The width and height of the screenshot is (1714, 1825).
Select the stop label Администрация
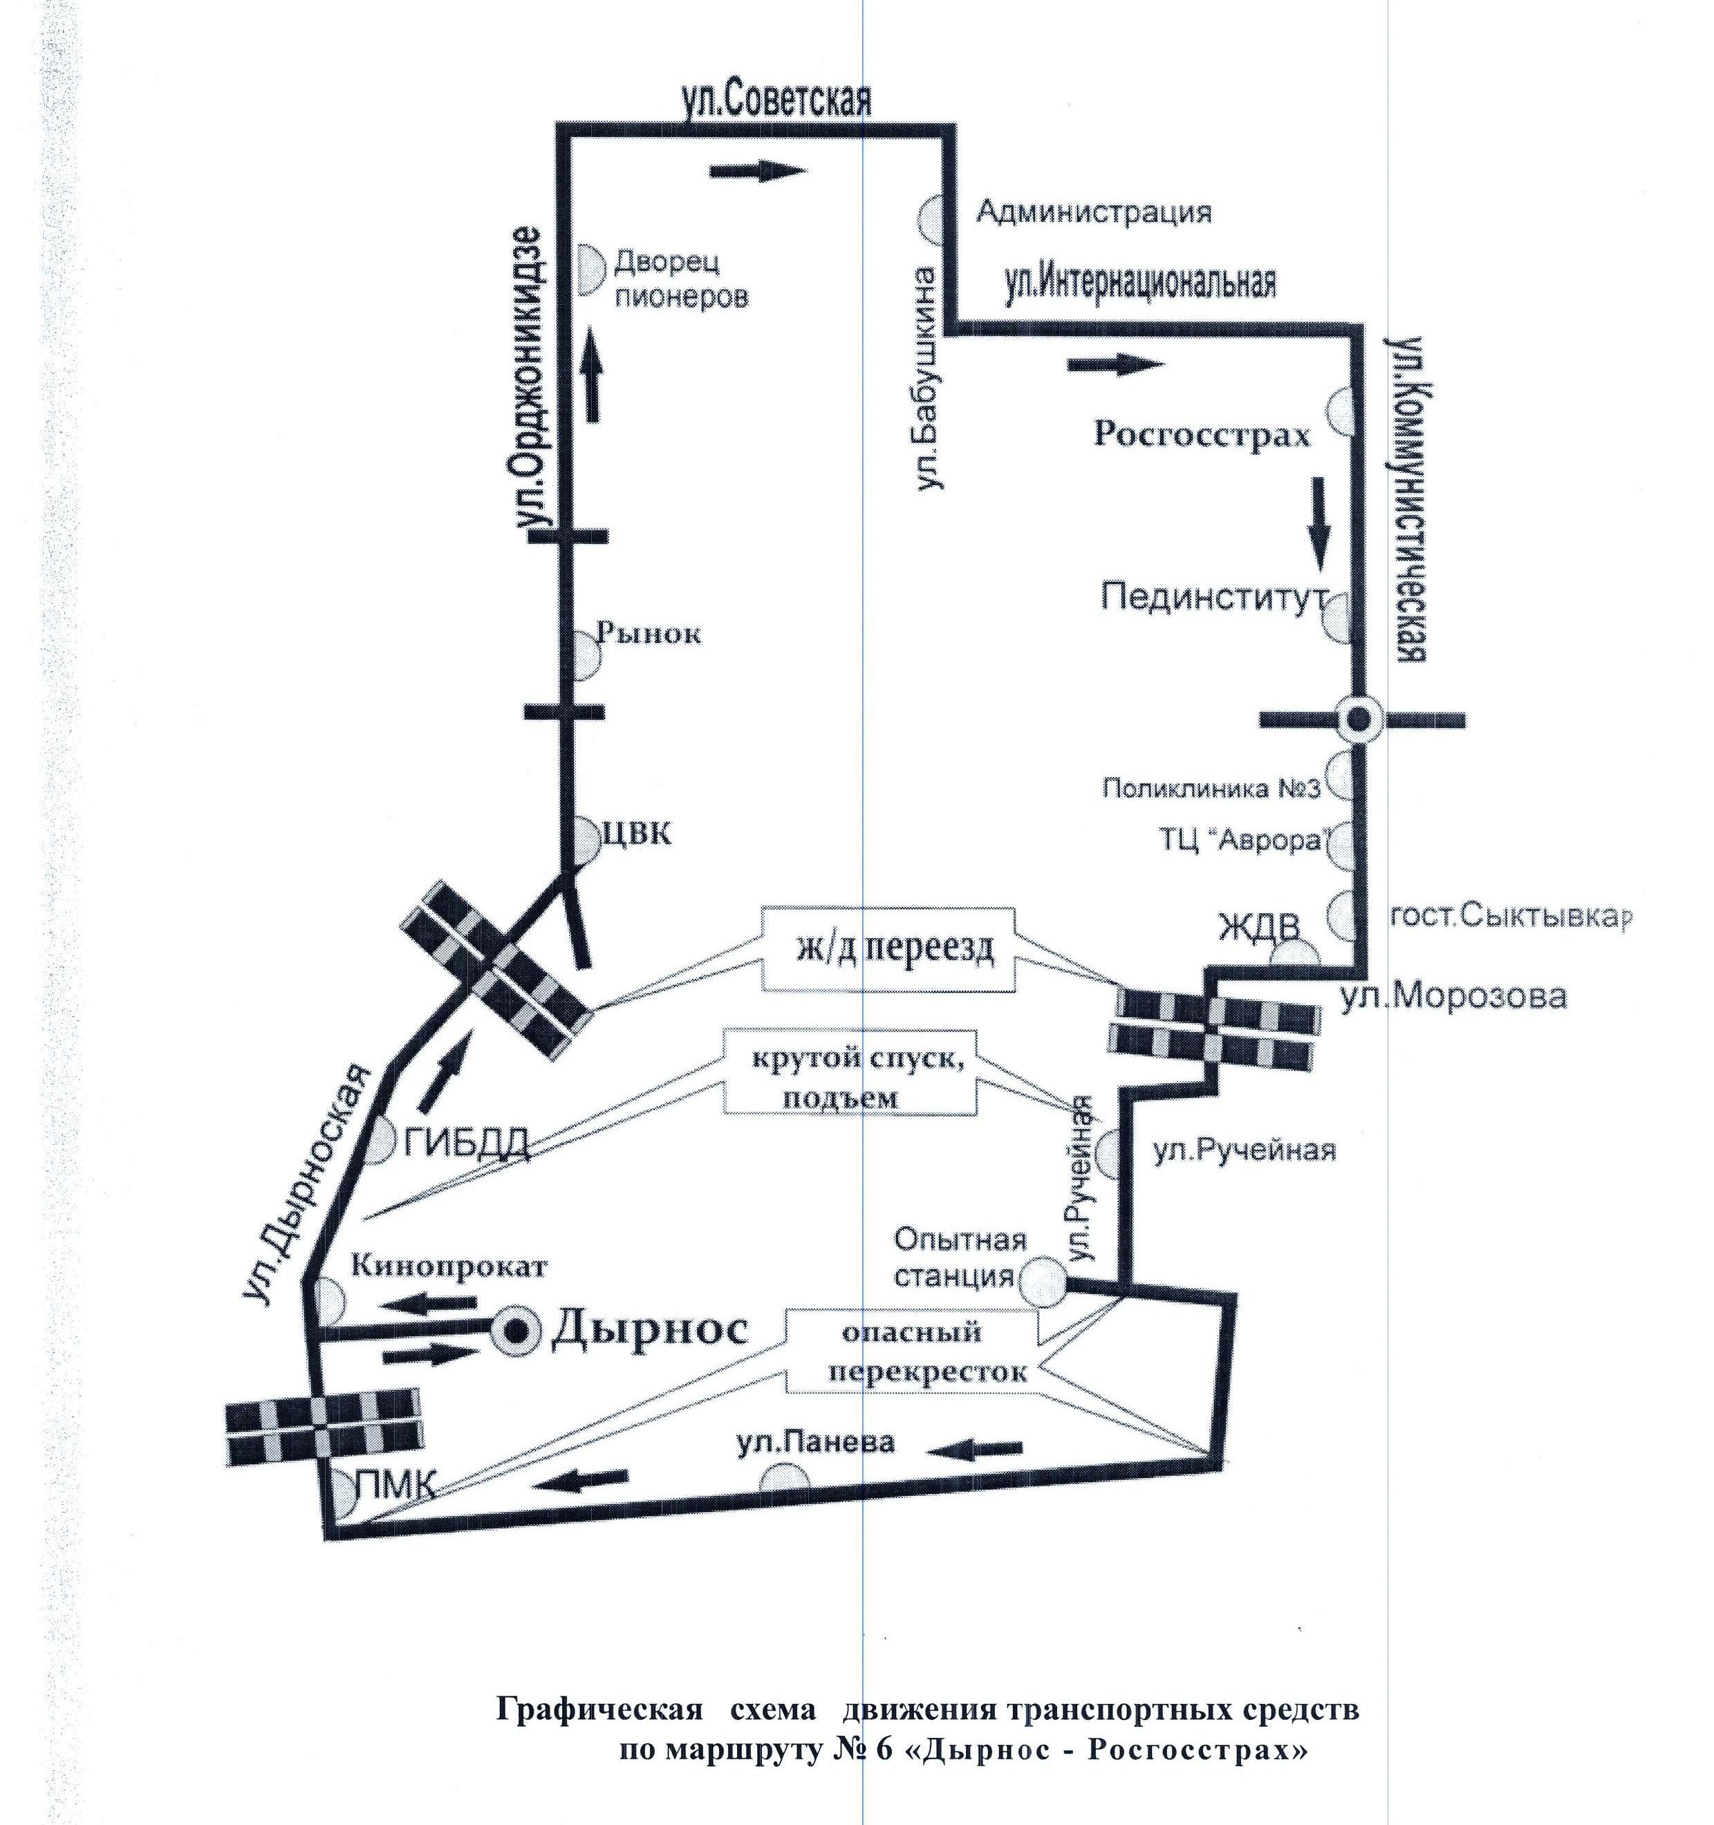(1092, 213)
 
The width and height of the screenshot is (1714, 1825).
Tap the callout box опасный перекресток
(912, 1350)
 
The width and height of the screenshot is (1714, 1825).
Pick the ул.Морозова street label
(1453, 997)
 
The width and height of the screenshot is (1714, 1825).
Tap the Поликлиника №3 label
(1210, 787)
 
